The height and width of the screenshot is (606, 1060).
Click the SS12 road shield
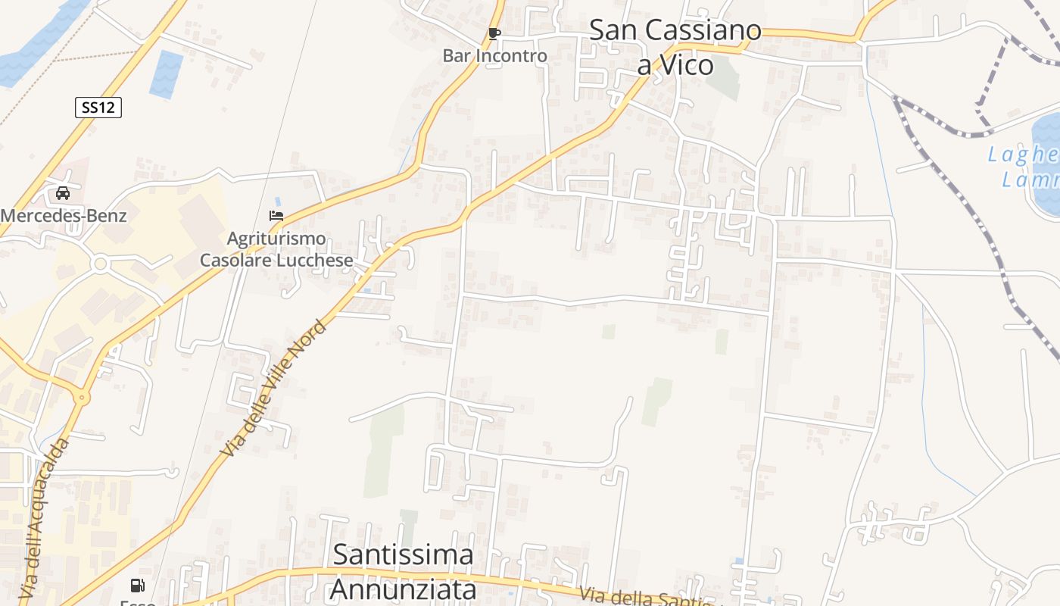(x=98, y=108)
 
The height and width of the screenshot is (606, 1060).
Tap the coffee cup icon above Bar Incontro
(x=494, y=34)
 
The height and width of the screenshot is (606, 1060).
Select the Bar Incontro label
(x=494, y=56)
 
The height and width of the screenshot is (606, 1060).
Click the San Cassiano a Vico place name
(x=675, y=47)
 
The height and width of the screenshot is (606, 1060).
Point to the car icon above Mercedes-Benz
(x=63, y=193)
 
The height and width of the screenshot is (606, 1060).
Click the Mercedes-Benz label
(x=63, y=216)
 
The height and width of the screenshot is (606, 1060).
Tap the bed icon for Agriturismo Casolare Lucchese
(x=276, y=216)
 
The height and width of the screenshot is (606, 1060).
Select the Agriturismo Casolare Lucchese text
(x=276, y=249)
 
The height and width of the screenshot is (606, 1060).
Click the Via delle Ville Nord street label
(x=273, y=388)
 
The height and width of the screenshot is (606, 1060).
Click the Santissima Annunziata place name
(x=404, y=571)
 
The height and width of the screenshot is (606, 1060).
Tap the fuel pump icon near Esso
(x=137, y=585)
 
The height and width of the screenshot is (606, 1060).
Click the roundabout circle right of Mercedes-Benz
(x=100, y=264)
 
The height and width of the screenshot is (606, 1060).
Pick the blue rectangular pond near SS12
(x=167, y=73)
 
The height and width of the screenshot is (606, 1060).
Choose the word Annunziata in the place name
(x=404, y=589)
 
